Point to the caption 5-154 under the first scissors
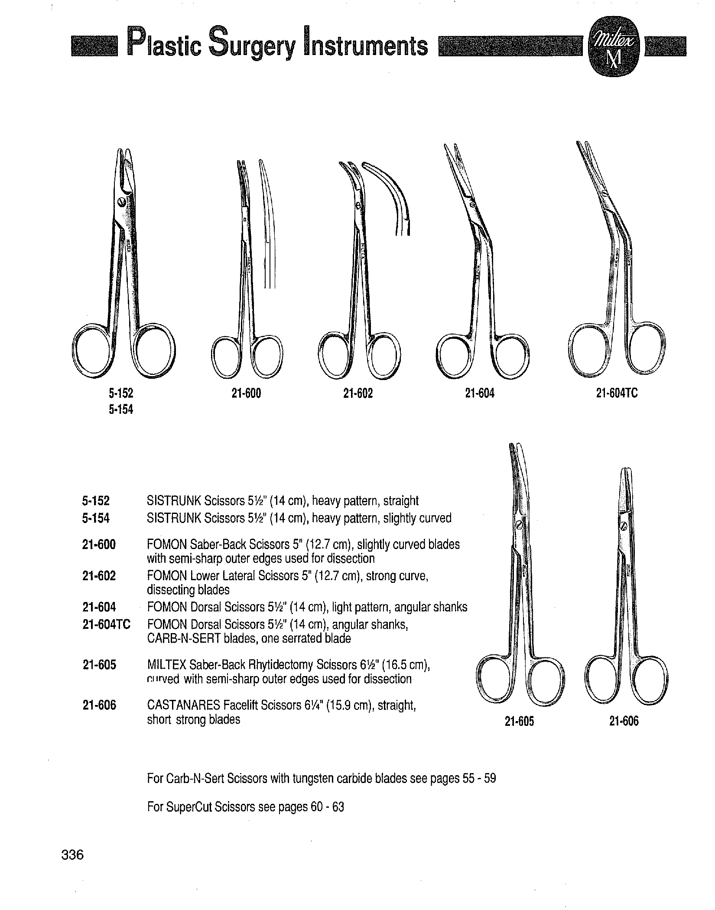point(121,409)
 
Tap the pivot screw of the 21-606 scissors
point(624,527)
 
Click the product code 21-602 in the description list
point(99,576)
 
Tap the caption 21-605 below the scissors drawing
point(520,721)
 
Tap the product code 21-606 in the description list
point(99,706)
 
